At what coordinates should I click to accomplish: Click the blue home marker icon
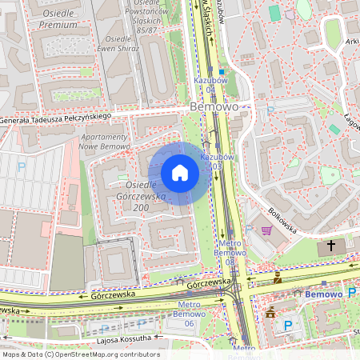180,173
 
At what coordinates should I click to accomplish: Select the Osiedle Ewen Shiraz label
118,43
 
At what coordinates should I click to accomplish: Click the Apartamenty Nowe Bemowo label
105,142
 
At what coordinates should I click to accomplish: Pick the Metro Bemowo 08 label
230,252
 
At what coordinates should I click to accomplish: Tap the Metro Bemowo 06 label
189,314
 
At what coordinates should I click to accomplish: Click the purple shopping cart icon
266,230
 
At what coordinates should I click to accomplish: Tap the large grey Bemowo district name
214,106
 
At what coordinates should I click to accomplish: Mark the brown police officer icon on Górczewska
277,278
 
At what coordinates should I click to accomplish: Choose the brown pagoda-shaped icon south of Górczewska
270,312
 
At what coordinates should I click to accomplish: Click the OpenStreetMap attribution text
81,354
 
